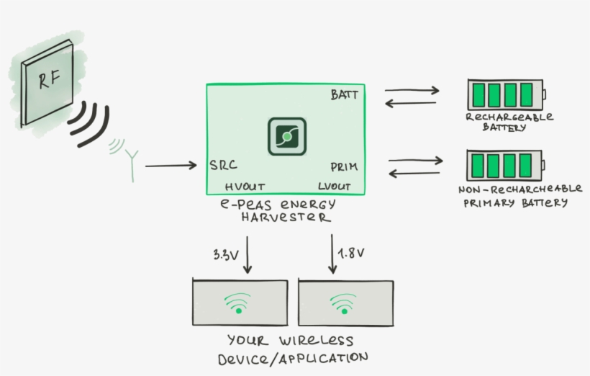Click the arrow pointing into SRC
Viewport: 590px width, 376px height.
[171, 166]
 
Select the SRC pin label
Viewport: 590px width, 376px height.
[223, 165]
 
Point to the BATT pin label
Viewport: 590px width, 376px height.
[344, 95]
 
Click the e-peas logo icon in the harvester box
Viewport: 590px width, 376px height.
[287, 136]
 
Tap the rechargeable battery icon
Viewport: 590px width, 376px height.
[507, 94]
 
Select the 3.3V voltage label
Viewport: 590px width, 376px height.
[226, 254]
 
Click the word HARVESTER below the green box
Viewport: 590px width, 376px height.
[286, 216]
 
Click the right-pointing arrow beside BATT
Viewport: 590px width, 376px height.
[412, 91]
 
